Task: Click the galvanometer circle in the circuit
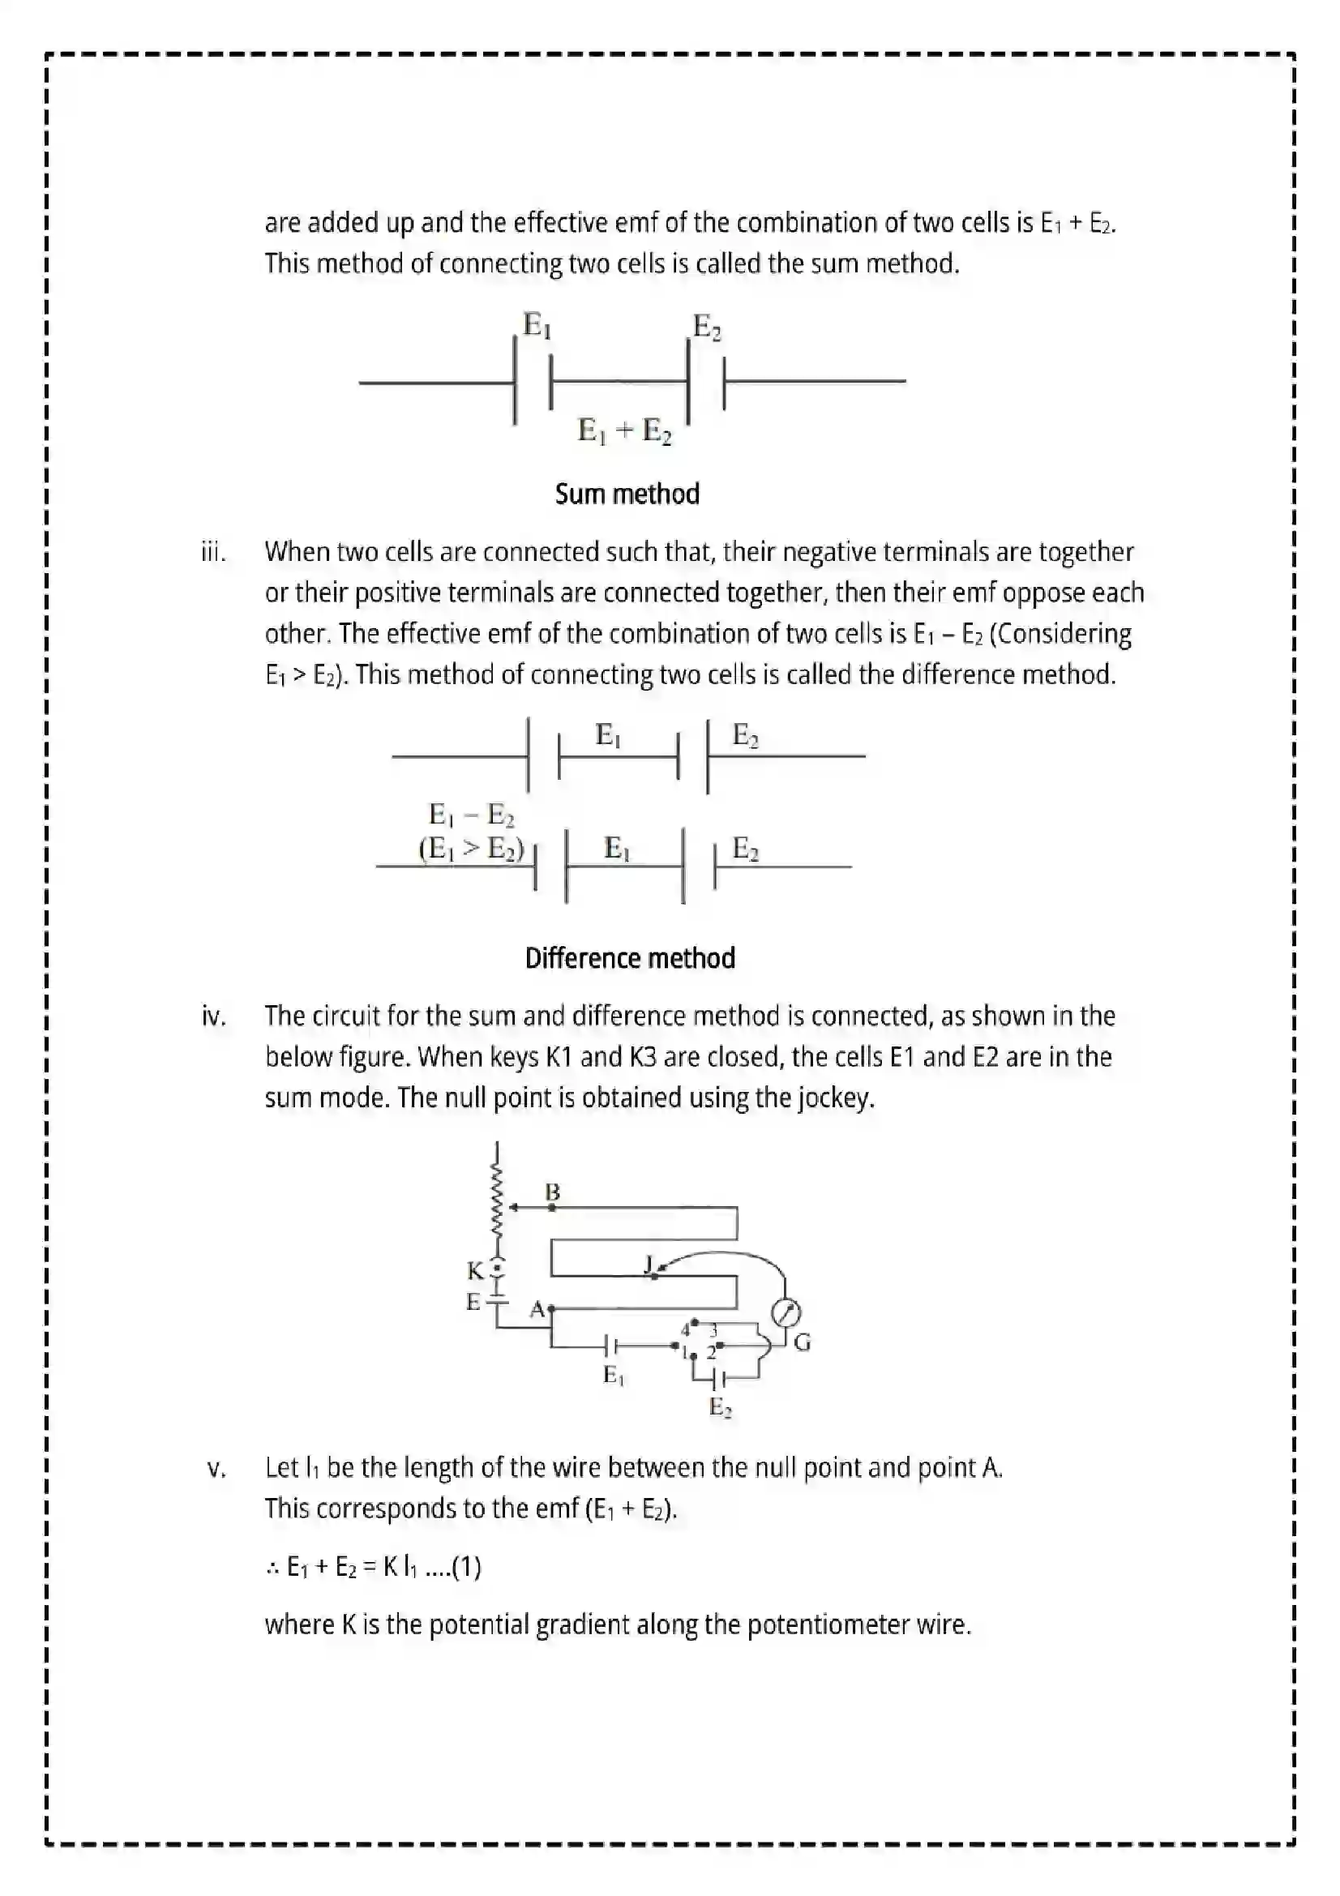[786, 1312]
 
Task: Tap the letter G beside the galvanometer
[802, 1343]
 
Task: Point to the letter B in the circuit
[552, 1192]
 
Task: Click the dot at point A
[550, 1309]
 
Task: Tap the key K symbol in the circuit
[495, 1270]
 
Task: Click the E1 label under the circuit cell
[614, 1375]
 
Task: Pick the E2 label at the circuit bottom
[720, 1406]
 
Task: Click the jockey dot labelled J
[654, 1276]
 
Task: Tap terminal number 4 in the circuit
[685, 1329]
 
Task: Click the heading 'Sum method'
[627, 494]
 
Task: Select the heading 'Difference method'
[630, 958]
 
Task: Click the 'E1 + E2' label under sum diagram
[624, 430]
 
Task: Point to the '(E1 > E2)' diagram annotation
[471, 849]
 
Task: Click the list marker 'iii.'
[213, 552]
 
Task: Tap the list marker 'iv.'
[214, 1016]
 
